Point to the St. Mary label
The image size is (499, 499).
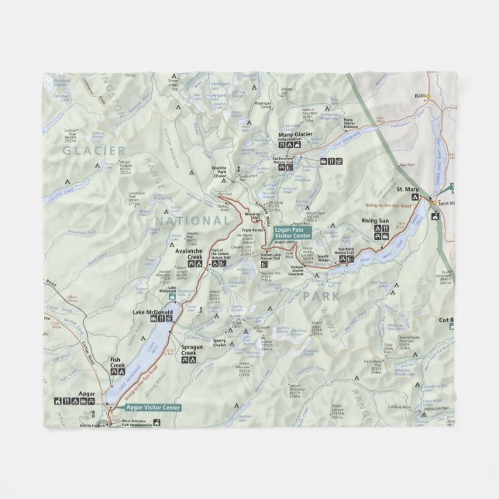pos(408,189)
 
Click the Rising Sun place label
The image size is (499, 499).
pos(375,221)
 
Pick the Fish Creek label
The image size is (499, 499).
pos(117,362)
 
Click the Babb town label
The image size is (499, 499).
pos(421,96)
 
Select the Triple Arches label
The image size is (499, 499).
pos(253,230)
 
